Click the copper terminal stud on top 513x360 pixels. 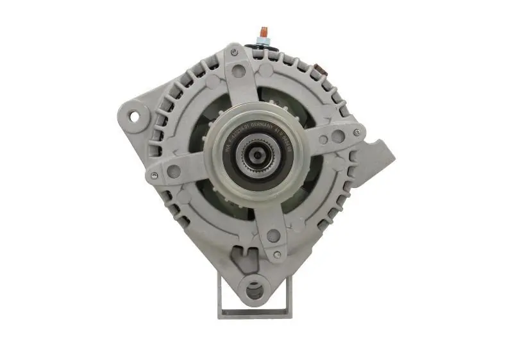click(x=262, y=31)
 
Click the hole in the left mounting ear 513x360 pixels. click(x=135, y=116)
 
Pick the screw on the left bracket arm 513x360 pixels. click(x=153, y=174)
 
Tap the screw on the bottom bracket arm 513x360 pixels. click(x=276, y=255)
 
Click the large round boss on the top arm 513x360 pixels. click(x=239, y=71)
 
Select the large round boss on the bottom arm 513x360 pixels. click(x=273, y=236)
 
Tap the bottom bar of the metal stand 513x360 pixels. click(x=255, y=314)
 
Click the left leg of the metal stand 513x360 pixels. click(x=221, y=295)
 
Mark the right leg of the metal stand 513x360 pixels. click(x=289, y=295)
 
